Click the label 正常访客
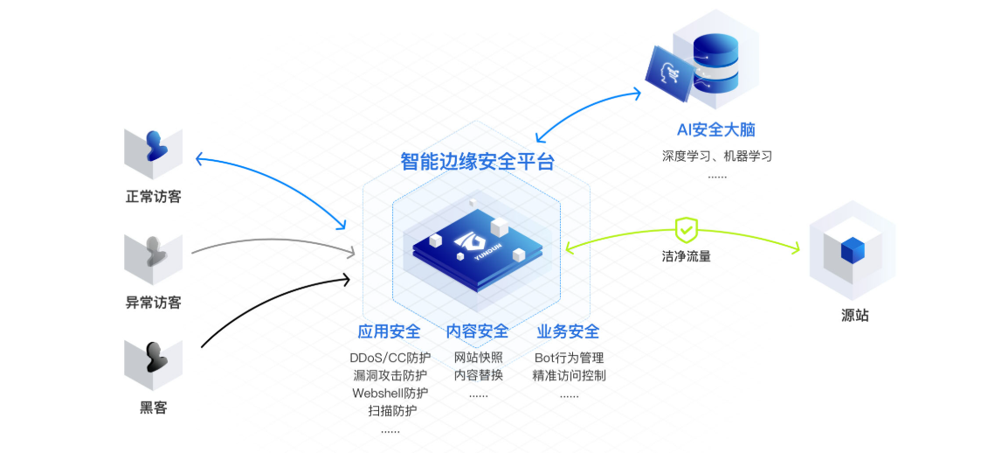coord(154,197)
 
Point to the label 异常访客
coord(154,303)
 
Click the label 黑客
coord(154,408)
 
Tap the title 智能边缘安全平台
coord(477,162)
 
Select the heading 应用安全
coord(390,332)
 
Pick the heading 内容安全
coord(477,332)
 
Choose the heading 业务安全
coord(568,332)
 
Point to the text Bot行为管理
coord(569,358)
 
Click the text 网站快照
coord(478,358)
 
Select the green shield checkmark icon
coord(687,230)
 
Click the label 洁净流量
coord(686,257)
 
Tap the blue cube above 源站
coord(852,251)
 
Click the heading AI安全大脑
coord(716,130)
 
